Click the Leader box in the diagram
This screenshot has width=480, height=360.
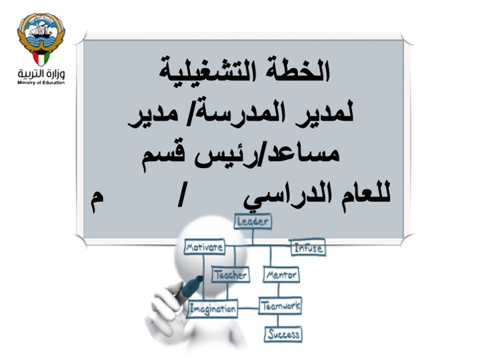click(252, 221)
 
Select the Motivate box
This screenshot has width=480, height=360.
click(204, 247)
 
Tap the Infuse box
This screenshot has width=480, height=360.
click(307, 248)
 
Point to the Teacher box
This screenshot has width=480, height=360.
click(230, 274)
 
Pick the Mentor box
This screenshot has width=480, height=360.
click(281, 274)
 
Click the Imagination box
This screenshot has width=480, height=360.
click(212, 309)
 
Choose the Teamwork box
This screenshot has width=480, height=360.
click(280, 307)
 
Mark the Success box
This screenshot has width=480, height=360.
click(283, 334)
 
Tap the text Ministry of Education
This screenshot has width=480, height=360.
click(41, 84)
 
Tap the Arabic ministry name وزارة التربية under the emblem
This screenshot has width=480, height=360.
click(41, 71)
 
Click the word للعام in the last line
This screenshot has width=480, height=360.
click(359, 197)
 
